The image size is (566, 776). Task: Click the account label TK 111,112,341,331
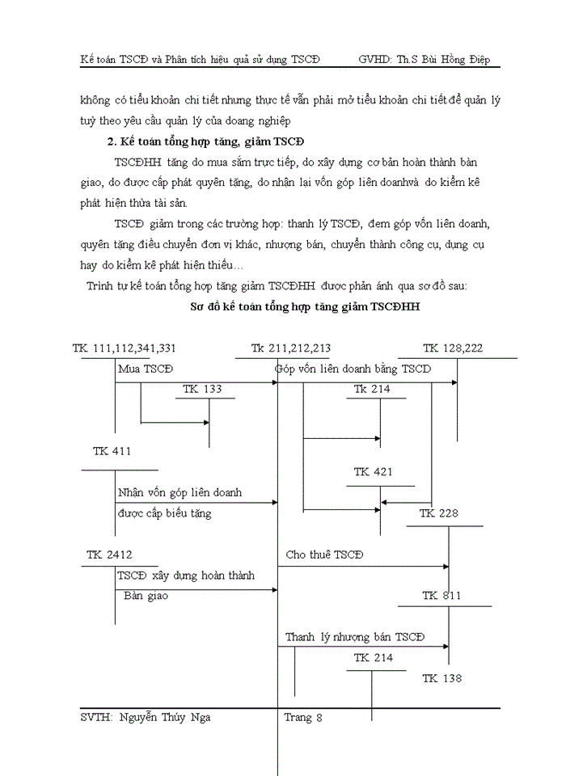click(124, 348)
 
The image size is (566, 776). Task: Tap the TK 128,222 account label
click(453, 348)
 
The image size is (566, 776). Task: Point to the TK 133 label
click(202, 389)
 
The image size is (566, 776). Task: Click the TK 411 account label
click(112, 451)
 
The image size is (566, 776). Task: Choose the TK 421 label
click(374, 472)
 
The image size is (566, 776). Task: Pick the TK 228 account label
click(439, 514)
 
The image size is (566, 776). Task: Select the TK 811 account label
click(441, 596)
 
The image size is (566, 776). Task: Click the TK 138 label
click(441, 678)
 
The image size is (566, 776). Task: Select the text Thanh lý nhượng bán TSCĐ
click(354, 637)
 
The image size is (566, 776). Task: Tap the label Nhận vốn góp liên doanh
click(180, 492)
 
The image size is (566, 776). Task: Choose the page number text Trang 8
click(303, 717)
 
